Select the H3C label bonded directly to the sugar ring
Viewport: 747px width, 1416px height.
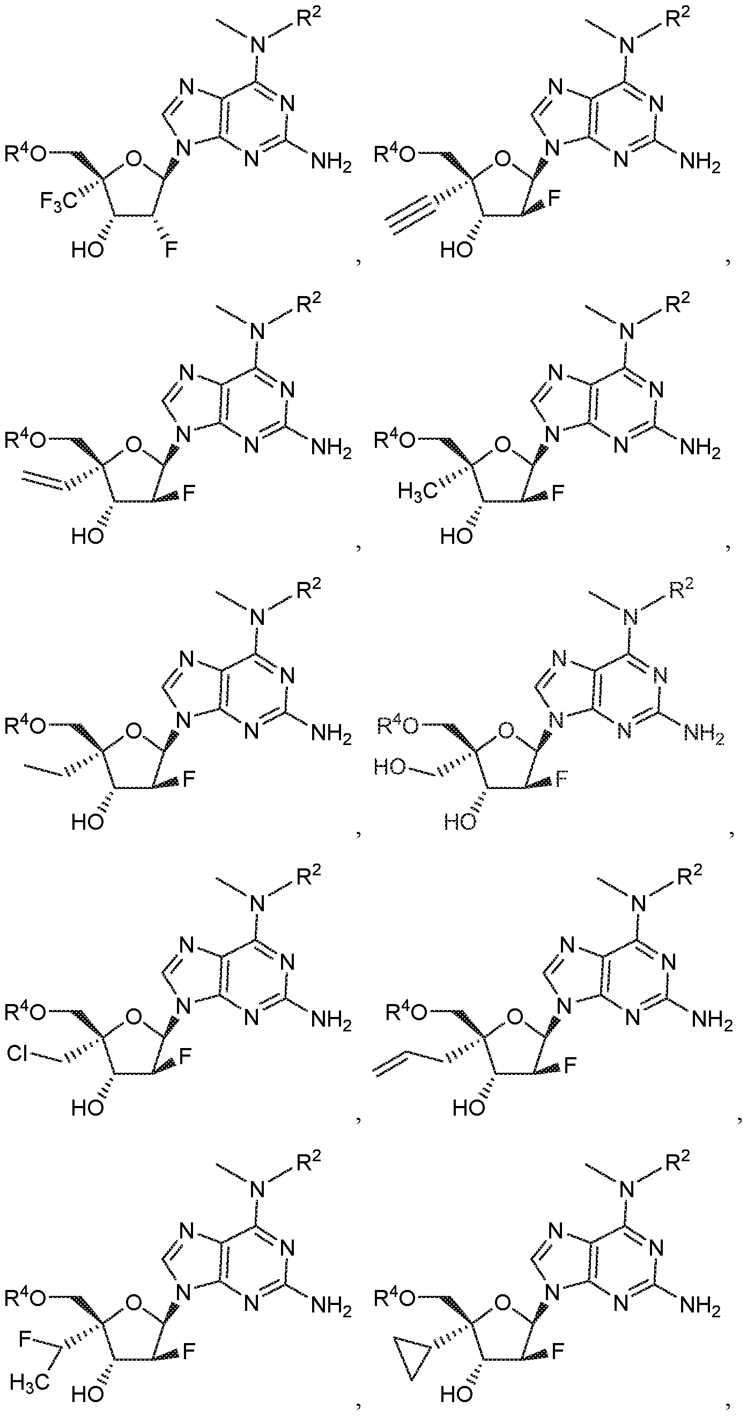418,490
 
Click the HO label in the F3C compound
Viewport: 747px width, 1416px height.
87,250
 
